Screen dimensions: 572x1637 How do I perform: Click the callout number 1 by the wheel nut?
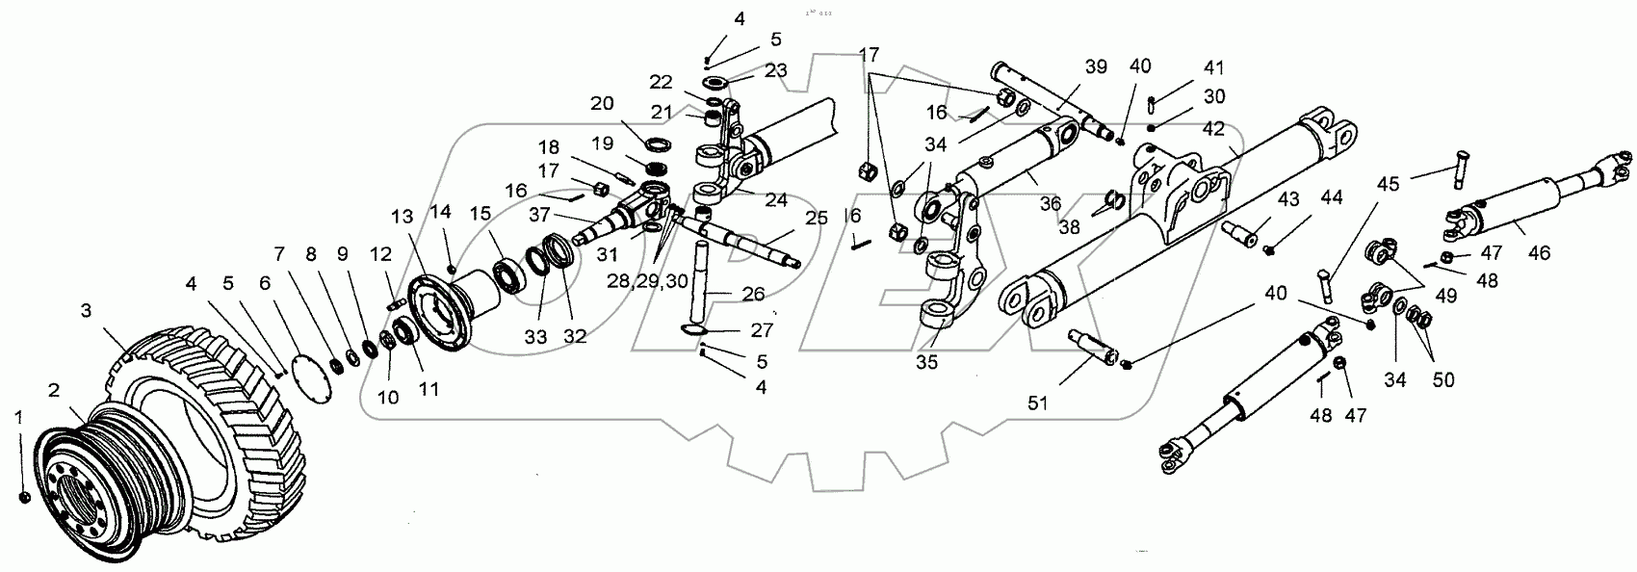16,416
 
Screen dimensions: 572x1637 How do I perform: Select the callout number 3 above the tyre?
88,309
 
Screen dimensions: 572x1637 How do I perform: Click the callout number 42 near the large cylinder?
1213,129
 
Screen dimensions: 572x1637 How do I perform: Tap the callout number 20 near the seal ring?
601,104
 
